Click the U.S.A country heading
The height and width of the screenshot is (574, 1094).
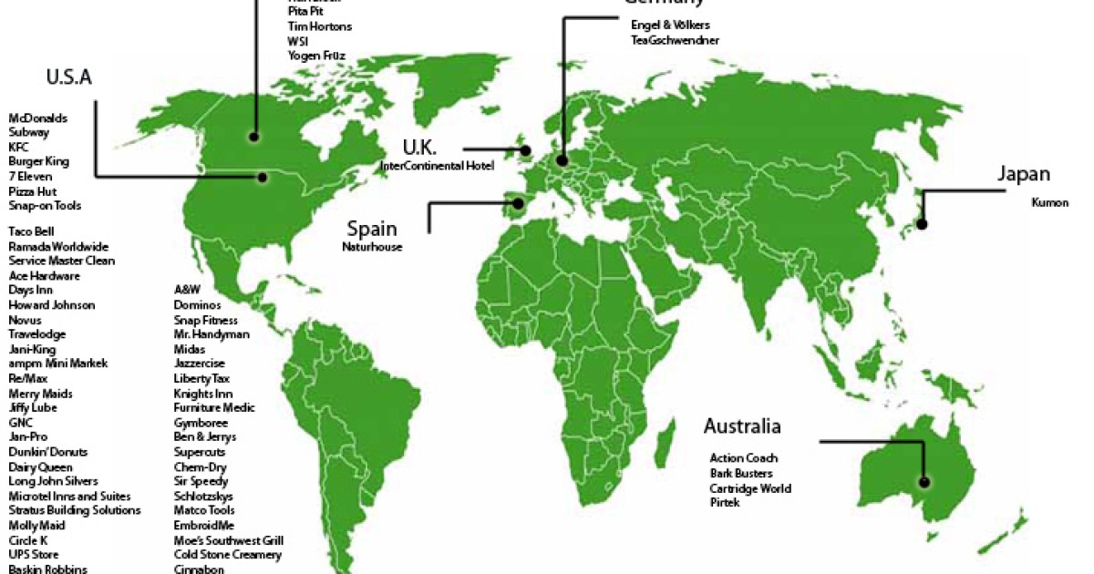(69, 77)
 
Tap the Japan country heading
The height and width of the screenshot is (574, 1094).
(1024, 174)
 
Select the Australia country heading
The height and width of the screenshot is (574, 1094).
(742, 426)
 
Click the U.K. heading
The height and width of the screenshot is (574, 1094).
(419, 148)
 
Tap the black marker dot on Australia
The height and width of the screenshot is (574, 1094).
(924, 482)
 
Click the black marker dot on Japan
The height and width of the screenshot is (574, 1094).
(923, 223)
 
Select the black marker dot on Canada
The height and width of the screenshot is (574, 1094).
(254, 138)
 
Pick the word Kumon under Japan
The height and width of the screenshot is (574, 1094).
(1049, 202)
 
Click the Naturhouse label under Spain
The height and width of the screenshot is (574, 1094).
(372, 247)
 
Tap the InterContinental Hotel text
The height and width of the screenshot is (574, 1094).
(438, 166)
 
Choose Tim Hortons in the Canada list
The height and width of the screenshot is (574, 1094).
(319, 26)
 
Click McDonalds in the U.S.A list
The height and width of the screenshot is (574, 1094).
(37, 118)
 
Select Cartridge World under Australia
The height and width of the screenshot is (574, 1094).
(750, 488)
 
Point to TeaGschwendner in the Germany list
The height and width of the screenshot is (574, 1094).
(675, 40)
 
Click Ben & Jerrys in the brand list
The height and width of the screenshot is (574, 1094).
(205, 437)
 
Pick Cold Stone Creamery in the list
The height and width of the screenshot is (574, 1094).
(227, 555)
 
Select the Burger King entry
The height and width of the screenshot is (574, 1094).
(38, 161)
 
